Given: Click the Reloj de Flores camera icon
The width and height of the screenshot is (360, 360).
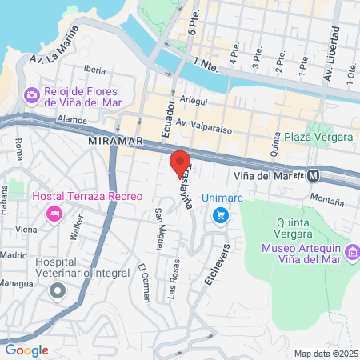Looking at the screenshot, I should click(31, 95).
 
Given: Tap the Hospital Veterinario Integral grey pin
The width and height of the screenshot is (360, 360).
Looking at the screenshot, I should click(57, 290).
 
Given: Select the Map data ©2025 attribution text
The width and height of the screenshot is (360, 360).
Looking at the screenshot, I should click(324, 354).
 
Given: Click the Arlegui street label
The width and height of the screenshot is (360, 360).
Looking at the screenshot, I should click(194, 100).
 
